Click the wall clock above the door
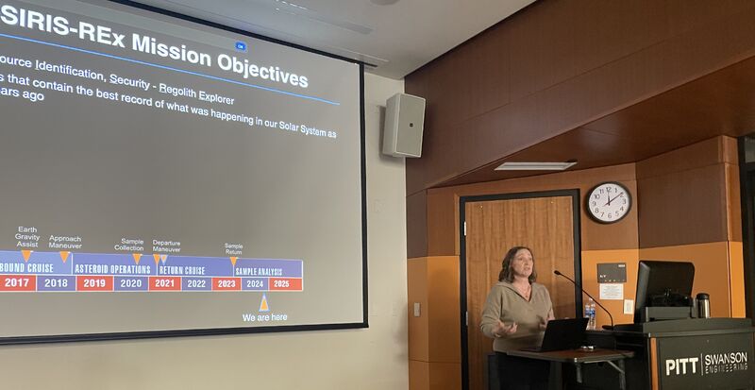click(x=609, y=202)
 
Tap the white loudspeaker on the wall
click(x=403, y=125)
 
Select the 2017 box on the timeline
click(x=17, y=282)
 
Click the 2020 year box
click(x=131, y=283)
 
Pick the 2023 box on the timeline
click(x=226, y=283)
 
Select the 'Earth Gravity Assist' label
click(x=26, y=237)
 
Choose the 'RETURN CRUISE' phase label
click(x=181, y=270)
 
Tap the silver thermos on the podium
click(x=702, y=305)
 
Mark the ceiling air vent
click(x=535, y=165)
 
